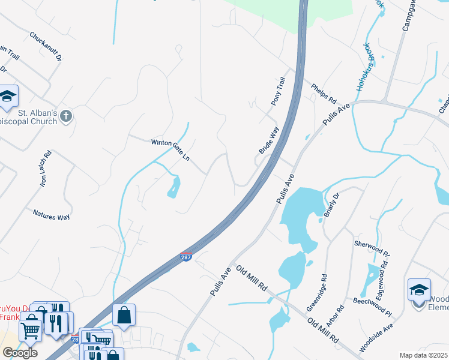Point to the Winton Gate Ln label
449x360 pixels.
pyautogui.click(x=170, y=148)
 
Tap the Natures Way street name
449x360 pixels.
pyautogui.click(x=52, y=214)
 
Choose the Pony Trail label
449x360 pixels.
pyautogui.click(x=278, y=91)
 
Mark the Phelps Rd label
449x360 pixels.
pyautogui.click(x=324, y=93)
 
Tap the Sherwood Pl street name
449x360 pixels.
pyautogui.click(x=372, y=249)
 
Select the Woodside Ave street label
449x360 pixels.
pyautogui.click(x=376, y=338)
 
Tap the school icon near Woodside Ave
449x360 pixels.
pyautogui.click(x=418, y=290)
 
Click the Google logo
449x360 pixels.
pyautogui.click(x=20, y=353)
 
